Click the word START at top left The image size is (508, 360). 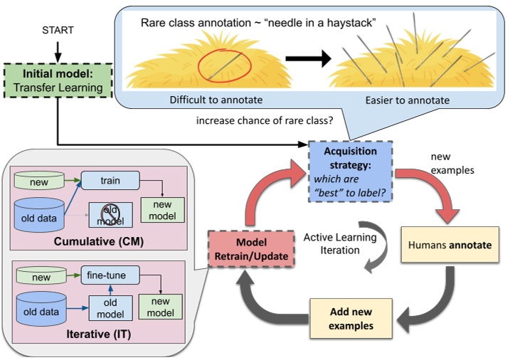pyautogui.click(x=58, y=31)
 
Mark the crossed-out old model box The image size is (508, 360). pyautogui.click(x=107, y=213)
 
